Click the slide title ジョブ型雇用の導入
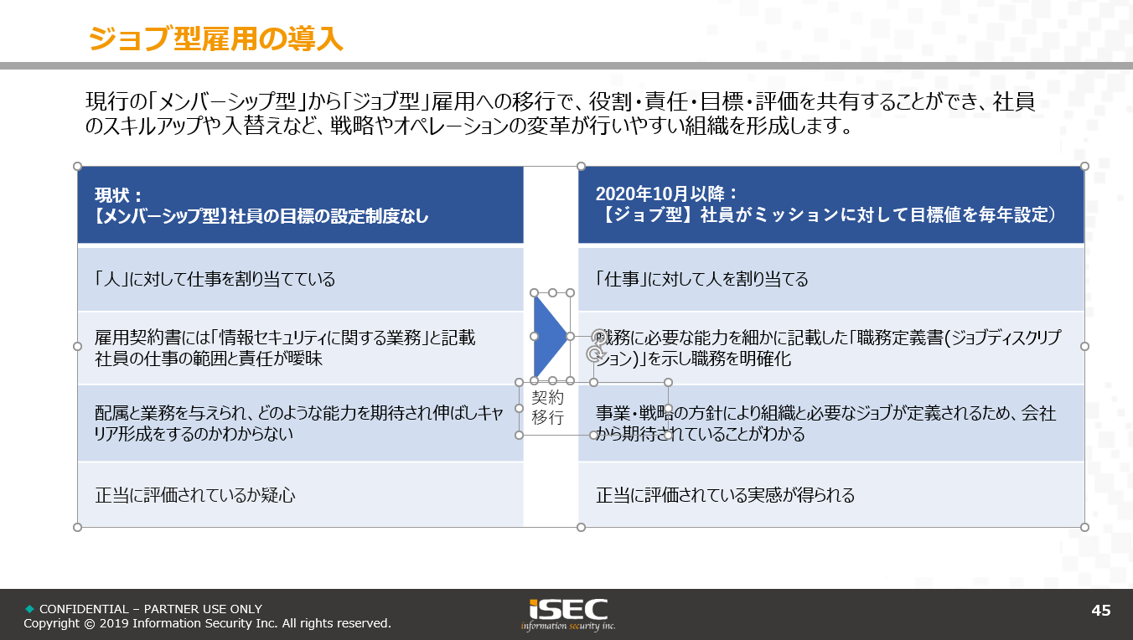pyautogui.click(x=216, y=39)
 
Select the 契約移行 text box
pyautogui.click(x=547, y=408)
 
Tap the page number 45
pyautogui.click(x=1100, y=610)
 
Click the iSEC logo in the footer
pyautogui.click(x=568, y=615)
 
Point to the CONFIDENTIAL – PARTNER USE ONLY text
pyautogui.click(x=151, y=609)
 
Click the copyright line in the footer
pyautogui.click(x=207, y=623)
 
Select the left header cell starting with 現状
pyautogui.click(x=301, y=205)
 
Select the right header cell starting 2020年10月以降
pyautogui.click(x=831, y=205)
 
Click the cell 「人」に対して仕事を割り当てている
pyautogui.click(x=301, y=279)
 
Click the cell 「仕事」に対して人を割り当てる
pyautogui.click(x=831, y=279)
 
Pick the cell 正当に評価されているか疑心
pyautogui.click(x=301, y=495)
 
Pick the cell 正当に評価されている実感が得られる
pyautogui.click(x=831, y=495)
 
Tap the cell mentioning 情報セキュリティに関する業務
pyautogui.click(x=301, y=348)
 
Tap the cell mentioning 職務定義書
pyautogui.click(x=831, y=348)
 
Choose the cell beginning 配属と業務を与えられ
pyautogui.click(x=301, y=423)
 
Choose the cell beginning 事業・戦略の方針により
pyautogui.click(x=831, y=423)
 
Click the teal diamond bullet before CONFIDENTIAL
pyautogui.click(x=30, y=609)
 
